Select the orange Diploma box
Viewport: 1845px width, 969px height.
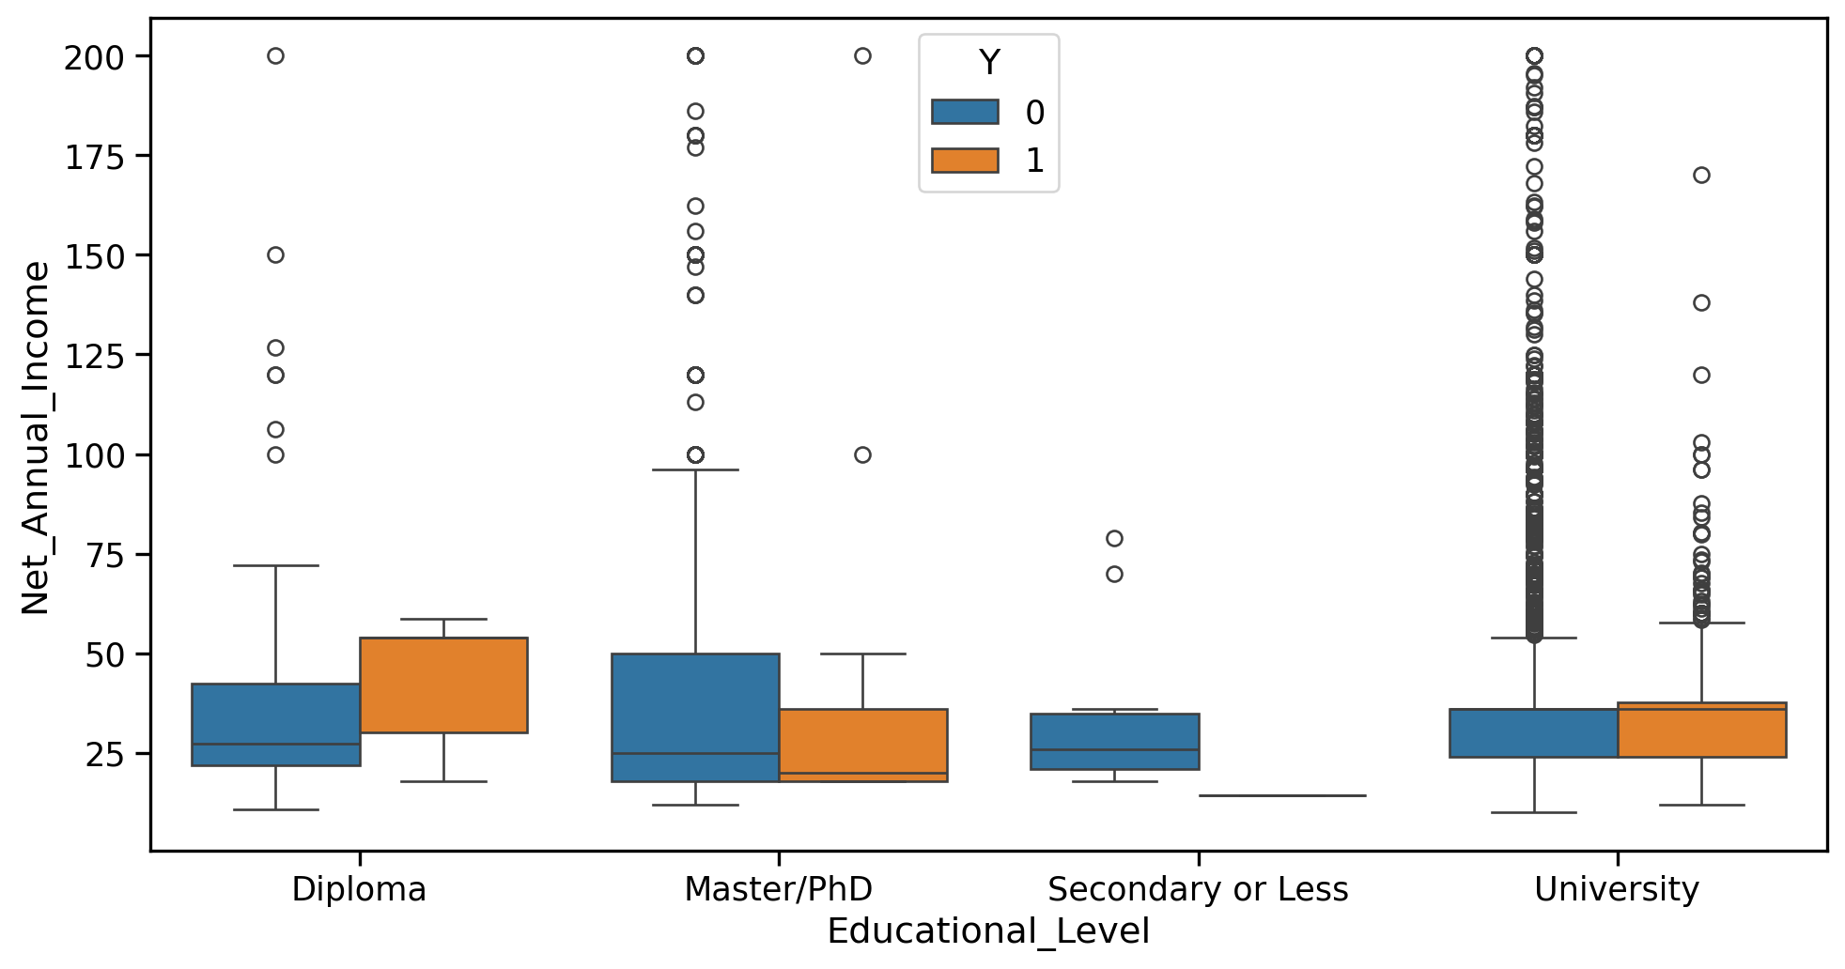click(442, 684)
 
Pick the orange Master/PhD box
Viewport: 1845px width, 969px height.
click(862, 745)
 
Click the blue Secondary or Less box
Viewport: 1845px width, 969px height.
click(1114, 741)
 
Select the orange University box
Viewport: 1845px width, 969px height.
click(1701, 730)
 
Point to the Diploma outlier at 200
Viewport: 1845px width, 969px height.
click(275, 55)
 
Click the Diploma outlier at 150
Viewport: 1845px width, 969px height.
click(275, 254)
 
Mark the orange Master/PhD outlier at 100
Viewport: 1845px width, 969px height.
click(862, 454)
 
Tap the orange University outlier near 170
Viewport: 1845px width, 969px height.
click(1701, 175)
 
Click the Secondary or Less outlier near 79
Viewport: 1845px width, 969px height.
click(1114, 538)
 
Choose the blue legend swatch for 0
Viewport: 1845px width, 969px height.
click(965, 112)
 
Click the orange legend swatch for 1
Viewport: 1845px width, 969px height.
click(965, 160)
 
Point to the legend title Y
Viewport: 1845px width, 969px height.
click(989, 63)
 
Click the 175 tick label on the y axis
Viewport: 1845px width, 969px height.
click(94, 157)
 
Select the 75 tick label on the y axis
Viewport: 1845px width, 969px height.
click(104, 555)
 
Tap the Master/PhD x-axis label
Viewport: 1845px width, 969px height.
click(779, 888)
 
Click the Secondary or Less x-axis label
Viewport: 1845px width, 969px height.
click(1198, 888)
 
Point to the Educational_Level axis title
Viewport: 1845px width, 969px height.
click(988, 931)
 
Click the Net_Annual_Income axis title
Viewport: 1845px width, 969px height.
click(36, 438)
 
